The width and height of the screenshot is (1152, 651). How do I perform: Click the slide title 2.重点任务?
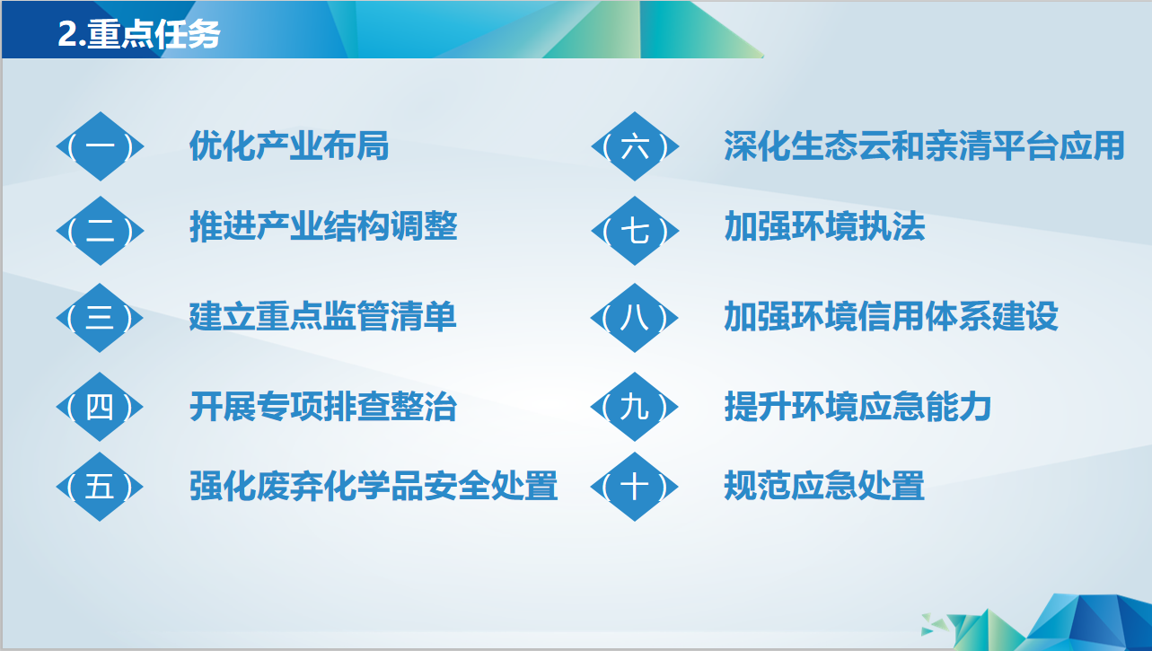[x=139, y=34]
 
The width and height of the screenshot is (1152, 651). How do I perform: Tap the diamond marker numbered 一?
[x=100, y=146]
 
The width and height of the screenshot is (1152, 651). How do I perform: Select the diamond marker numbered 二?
[x=100, y=231]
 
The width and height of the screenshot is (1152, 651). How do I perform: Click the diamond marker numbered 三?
[x=100, y=317]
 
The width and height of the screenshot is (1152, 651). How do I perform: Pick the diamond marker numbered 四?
[x=100, y=406]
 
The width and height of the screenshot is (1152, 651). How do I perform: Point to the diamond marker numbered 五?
[x=100, y=487]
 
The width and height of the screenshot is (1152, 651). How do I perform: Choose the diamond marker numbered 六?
[x=635, y=146]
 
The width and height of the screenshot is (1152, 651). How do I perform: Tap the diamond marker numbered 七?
[x=635, y=231]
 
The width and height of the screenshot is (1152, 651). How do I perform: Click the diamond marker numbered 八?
[x=635, y=317]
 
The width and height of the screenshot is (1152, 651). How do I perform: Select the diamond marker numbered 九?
[x=635, y=406]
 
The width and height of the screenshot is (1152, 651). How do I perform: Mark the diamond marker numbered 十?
[x=635, y=487]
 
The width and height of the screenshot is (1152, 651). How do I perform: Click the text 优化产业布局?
[x=289, y=146]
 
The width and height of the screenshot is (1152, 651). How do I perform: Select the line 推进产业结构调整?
[x=323, y=226]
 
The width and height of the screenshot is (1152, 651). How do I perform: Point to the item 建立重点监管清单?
[x=323, y=316]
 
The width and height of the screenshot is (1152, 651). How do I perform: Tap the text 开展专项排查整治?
[x=323, y=406]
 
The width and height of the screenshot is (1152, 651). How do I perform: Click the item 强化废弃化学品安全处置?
[x=374, y=486]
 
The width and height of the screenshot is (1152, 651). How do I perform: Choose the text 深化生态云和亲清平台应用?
[x=924, y=146]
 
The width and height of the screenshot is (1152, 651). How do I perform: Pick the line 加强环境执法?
[x=824, y=226]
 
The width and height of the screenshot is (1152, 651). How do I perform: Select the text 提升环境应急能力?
[x=857, y=406]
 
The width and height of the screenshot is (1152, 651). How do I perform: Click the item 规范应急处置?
[x=824, y=486]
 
